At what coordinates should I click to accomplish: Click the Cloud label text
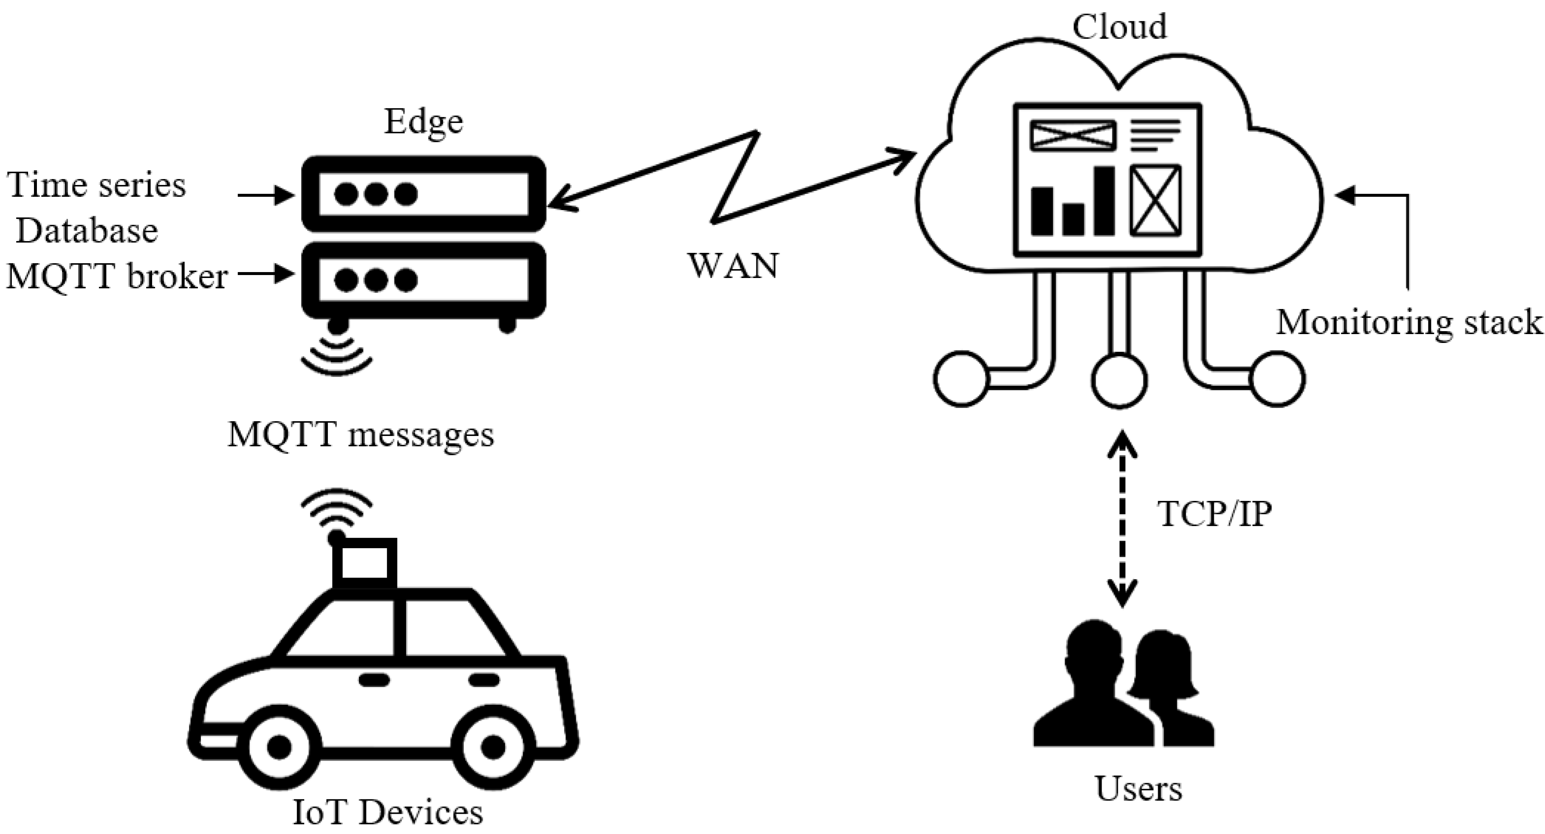coord(1119,27)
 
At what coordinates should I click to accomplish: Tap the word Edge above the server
coord(423,122)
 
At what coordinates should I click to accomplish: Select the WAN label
coord(732,266)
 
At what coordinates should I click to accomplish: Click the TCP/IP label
coord(1215,514)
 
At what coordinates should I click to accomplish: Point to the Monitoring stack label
coord(1408,323)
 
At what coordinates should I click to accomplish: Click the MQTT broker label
coord(117,277)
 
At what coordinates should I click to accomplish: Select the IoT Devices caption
coord(387,813)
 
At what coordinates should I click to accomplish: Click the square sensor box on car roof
coord(365,562)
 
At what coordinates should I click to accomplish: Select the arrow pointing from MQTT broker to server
coord(266,275)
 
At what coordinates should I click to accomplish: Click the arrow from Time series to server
coord(266,195)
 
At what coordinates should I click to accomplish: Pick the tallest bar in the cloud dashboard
coord(1104,200)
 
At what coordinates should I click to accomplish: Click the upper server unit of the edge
coord(423,194)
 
